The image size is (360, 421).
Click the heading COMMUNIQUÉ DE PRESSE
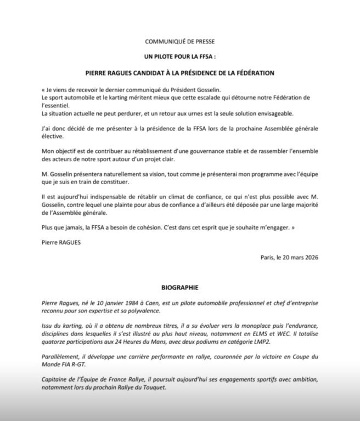point(180,42)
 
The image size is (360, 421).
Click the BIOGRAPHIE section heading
point(180,287)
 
